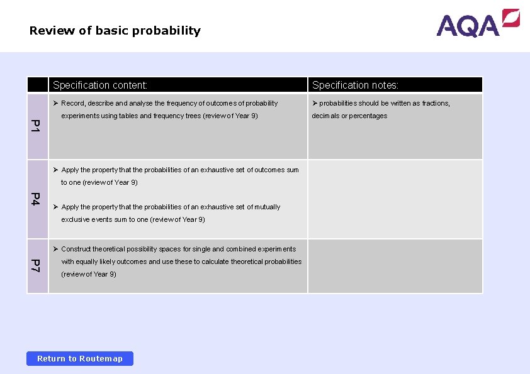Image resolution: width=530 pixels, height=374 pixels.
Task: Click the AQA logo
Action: click(478, 24)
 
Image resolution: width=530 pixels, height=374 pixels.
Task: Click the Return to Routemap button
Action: click(80, 358)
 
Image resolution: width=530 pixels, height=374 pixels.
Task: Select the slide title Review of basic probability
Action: click(115, 31)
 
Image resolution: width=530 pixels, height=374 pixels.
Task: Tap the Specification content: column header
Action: click(100, 85)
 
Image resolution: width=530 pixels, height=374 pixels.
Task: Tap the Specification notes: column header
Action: click(355, 85)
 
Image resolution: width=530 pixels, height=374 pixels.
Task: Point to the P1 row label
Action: click(37, 126)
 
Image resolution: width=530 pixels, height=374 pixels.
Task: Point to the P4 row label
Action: click(37, 199)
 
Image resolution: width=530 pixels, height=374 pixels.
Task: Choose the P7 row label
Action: click(37, 265)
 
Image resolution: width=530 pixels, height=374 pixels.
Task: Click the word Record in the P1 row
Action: click(72, 103)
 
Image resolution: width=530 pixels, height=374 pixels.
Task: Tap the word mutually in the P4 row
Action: click(268, 207)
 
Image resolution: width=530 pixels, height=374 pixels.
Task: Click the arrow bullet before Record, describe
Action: click(55, 103)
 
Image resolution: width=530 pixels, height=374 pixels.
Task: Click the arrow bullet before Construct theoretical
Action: click(55, 249)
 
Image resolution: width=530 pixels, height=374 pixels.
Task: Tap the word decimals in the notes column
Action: click(325, 116)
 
